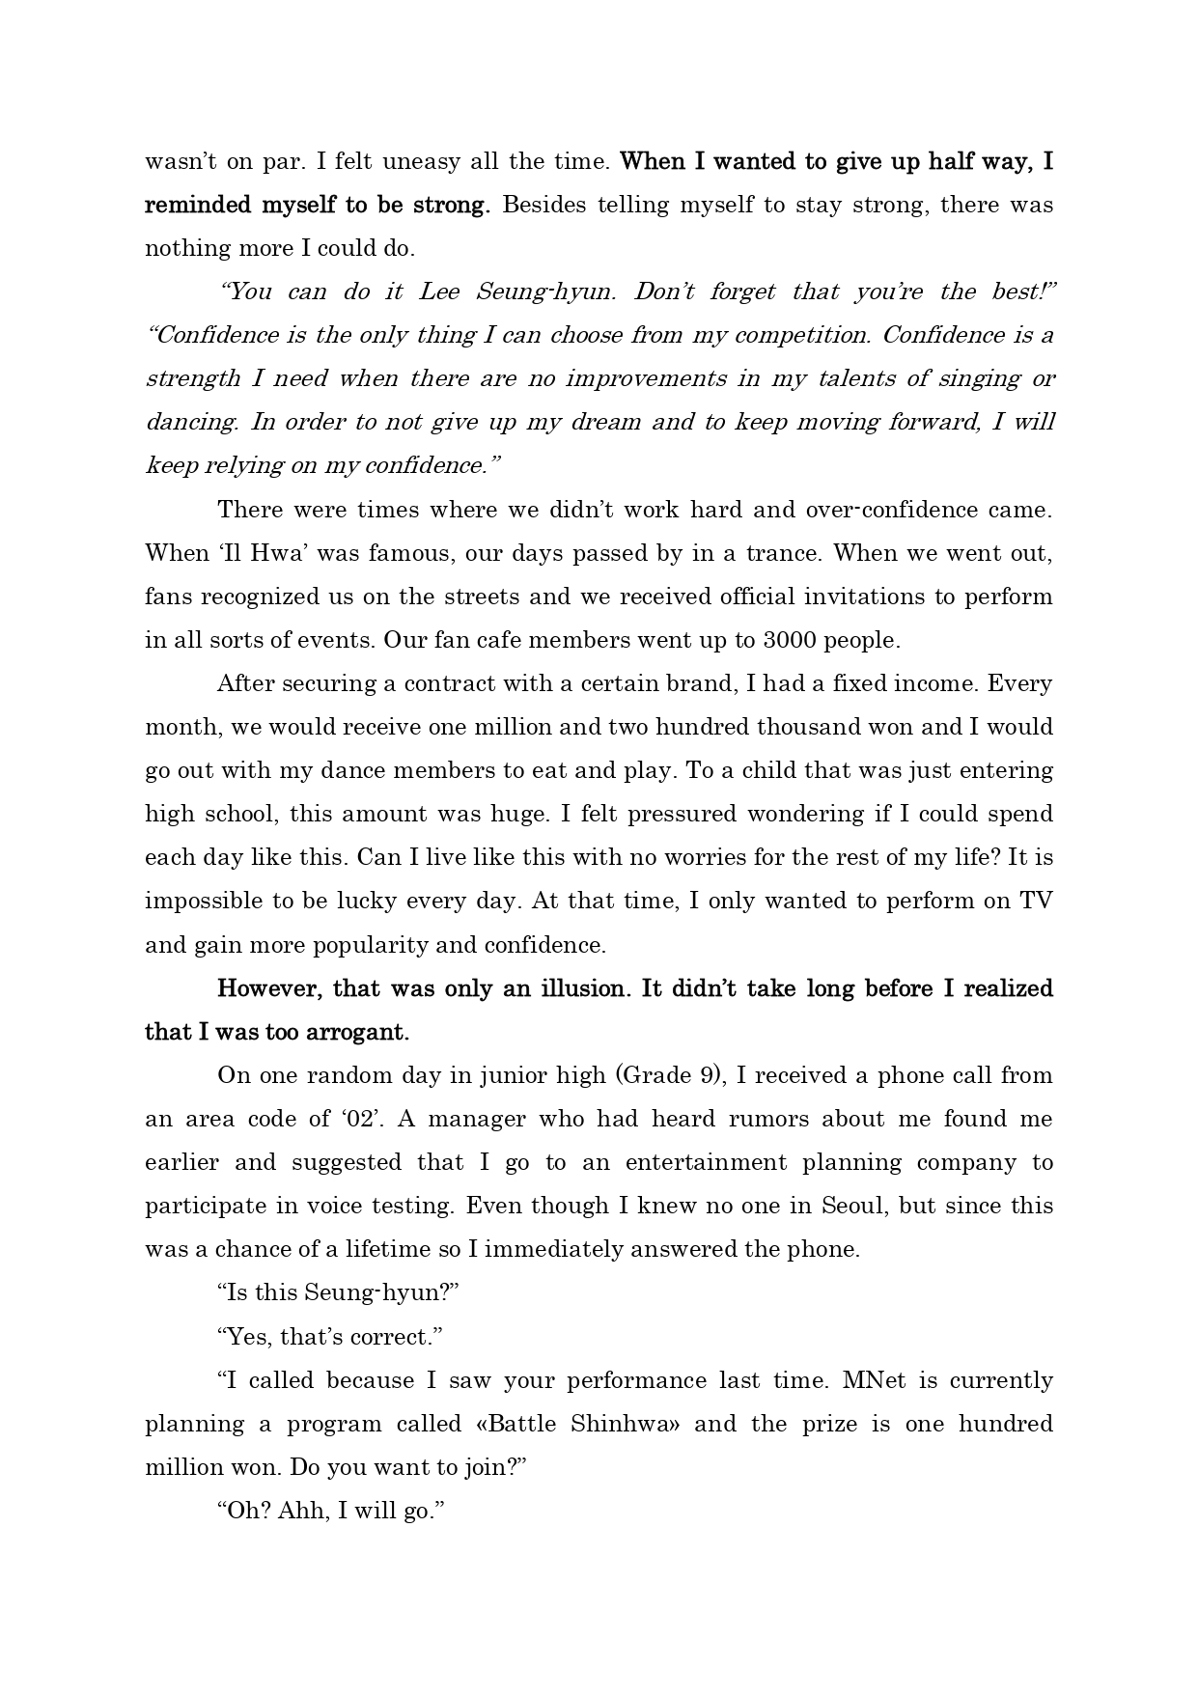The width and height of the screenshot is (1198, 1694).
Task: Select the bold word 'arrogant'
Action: pyautogui.click(x=358, y=1032)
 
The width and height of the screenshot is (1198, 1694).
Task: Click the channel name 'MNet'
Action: pyautogui.click(x=875, y=1380)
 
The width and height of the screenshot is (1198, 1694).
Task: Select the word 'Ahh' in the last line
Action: pyautogui.click(x=300, y=1511)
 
